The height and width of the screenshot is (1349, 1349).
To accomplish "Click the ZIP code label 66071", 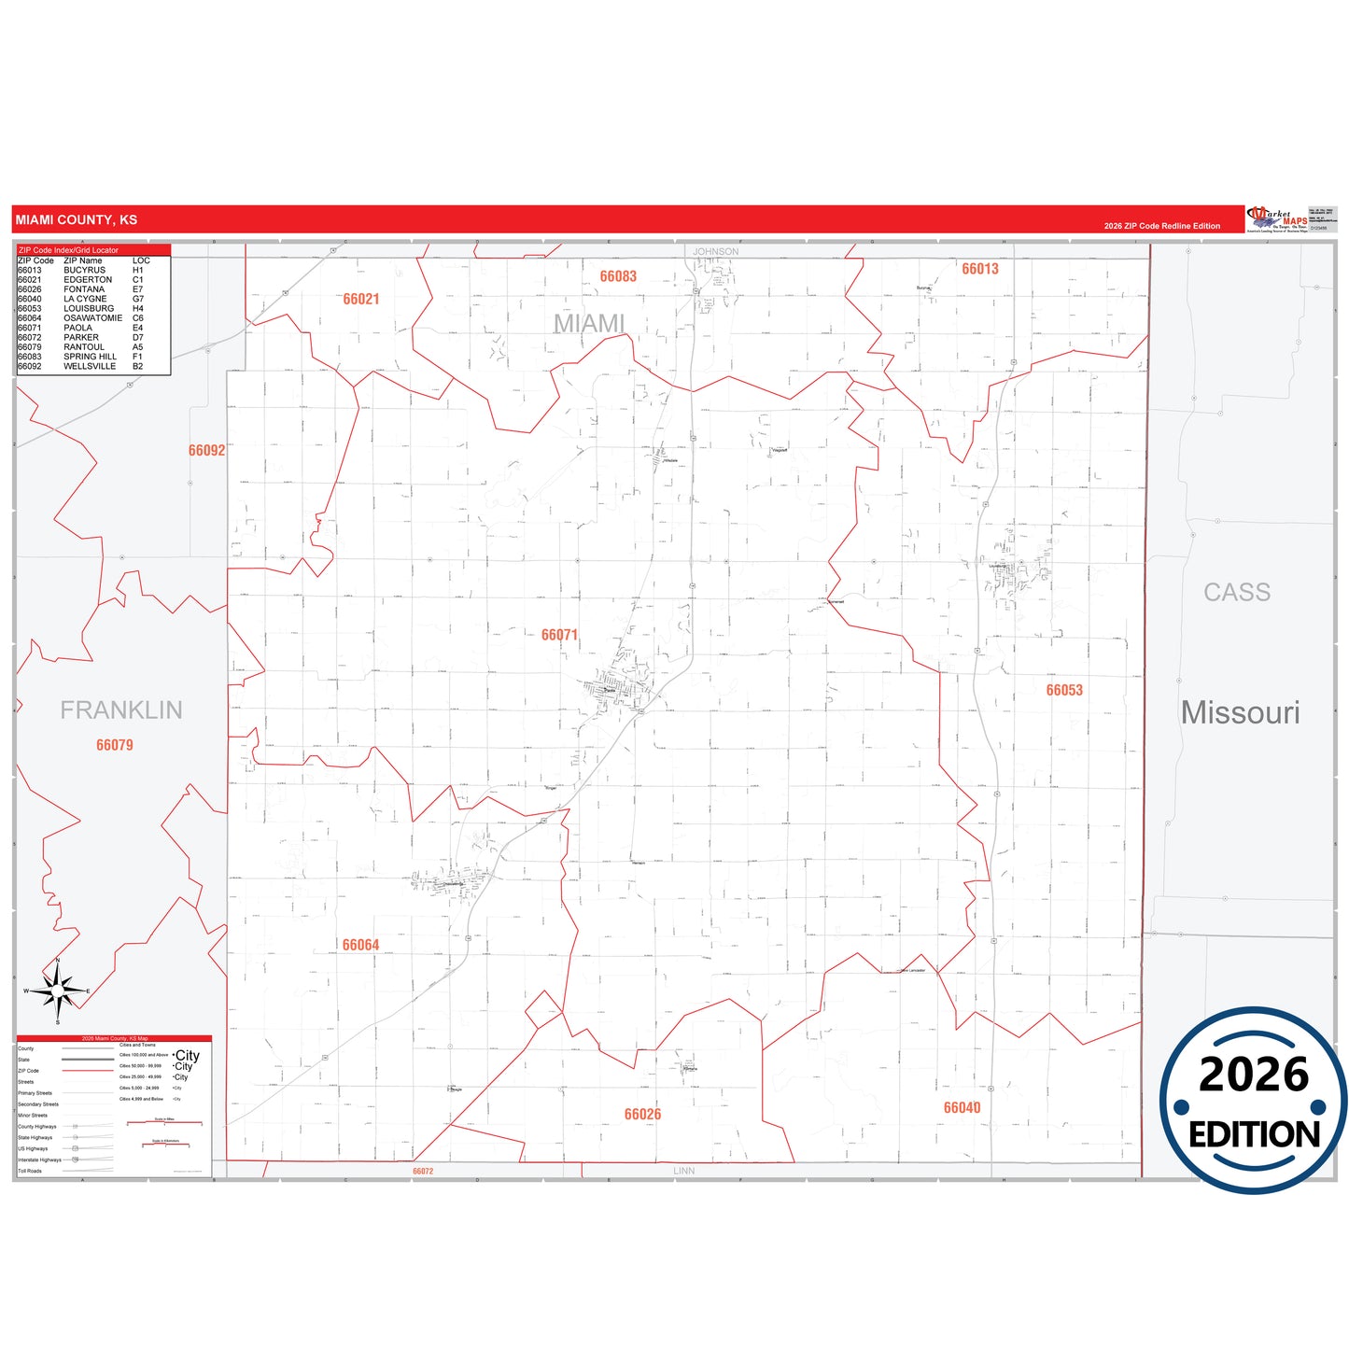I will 559,635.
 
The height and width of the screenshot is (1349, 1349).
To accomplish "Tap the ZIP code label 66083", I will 618,276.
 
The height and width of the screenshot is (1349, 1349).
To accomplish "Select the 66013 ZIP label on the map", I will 980,269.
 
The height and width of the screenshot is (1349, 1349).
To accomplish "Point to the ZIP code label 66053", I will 1064,690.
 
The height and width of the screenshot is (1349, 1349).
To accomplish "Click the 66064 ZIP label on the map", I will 360,945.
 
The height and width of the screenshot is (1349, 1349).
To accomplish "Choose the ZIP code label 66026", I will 642,1114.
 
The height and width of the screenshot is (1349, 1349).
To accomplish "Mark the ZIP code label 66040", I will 962,1107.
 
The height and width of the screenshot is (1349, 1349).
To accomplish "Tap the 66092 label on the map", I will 206,450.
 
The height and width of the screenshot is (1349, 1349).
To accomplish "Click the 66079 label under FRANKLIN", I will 115,745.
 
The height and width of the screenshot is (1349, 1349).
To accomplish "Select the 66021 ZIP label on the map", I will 361,299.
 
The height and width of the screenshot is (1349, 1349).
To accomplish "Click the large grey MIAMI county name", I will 589,323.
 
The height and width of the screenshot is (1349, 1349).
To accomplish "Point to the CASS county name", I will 1237,592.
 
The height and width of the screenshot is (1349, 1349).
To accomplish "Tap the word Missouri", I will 1240,712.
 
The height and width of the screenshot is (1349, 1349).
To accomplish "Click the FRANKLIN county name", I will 121,710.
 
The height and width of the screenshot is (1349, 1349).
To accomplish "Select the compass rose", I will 58,991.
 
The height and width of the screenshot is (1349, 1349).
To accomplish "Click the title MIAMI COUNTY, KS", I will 77,220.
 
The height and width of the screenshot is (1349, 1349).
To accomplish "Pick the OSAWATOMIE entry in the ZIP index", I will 92,318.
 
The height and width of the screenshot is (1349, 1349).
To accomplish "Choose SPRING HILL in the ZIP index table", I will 90,357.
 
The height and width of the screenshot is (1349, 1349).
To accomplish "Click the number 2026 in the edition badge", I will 1254,1075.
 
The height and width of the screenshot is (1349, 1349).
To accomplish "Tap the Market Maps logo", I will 1276,219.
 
